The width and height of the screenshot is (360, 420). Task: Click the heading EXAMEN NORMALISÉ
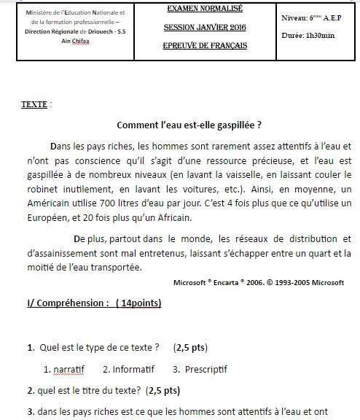(205, 9)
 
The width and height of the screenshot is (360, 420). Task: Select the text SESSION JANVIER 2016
(205, 28)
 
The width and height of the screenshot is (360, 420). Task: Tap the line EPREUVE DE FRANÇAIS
(205, 46)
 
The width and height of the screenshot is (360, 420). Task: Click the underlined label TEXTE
(34, 104)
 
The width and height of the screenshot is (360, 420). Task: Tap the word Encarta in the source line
(236, 282)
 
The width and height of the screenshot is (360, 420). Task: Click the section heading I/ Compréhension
(68, 303)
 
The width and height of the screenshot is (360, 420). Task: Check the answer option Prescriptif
(197, 369)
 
